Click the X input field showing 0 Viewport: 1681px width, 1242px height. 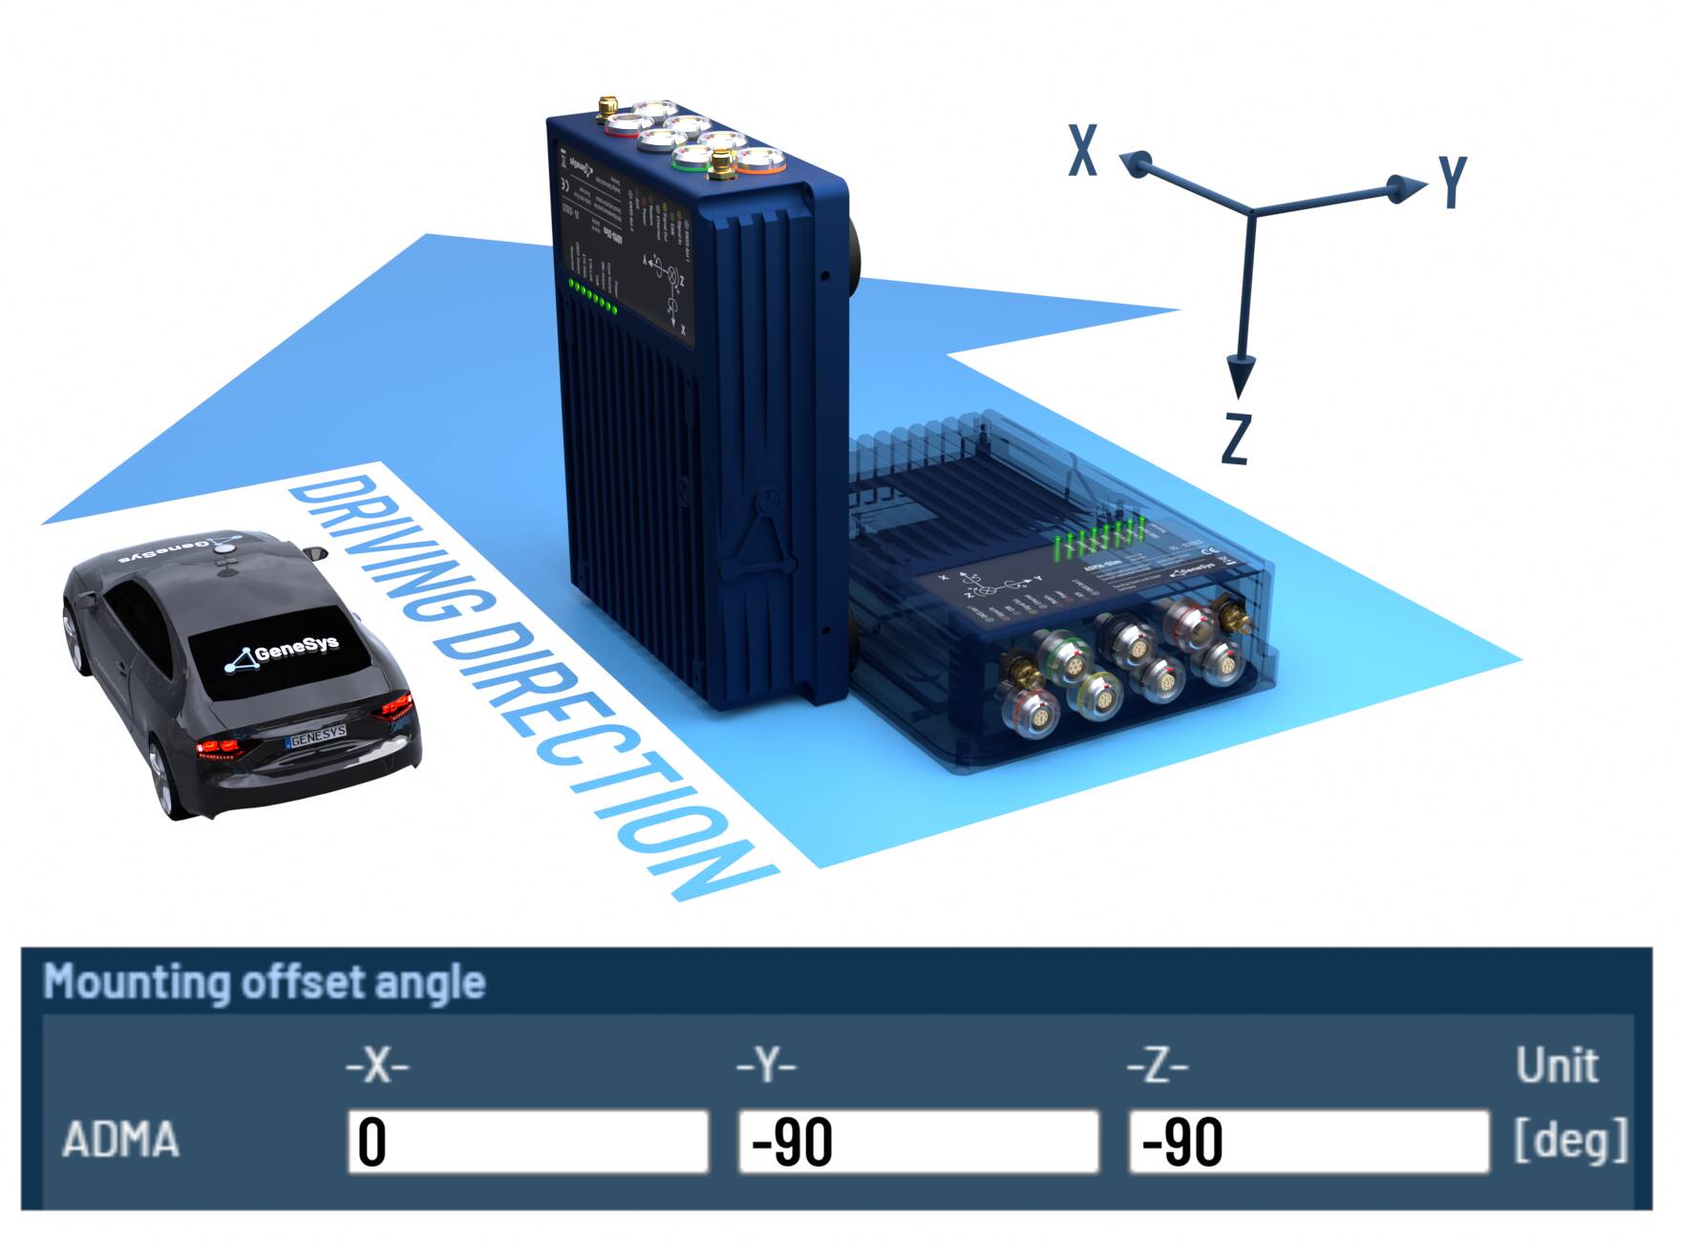click(x=527, y=1141)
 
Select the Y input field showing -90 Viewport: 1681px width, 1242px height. click(x=918, y=1141)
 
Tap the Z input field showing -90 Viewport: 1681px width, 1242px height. click(x=1309, y=1141)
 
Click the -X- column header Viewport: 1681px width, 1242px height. click(x=377, y=1064)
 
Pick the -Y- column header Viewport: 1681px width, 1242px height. click(x=766, y=1064)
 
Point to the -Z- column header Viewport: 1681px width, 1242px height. click(x=1158, y=1064)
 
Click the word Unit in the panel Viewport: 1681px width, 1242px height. click(x=1557, y=1064)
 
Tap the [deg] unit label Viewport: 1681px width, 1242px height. click(x=1571, y=1139)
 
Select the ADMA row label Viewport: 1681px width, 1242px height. click(x=120, y=1140)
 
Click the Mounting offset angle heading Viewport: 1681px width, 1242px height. click(x=265, y=981)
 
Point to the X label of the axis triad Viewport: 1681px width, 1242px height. click(x=1083, y=151)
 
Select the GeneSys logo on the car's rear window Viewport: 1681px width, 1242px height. click(x=283, y=653)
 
